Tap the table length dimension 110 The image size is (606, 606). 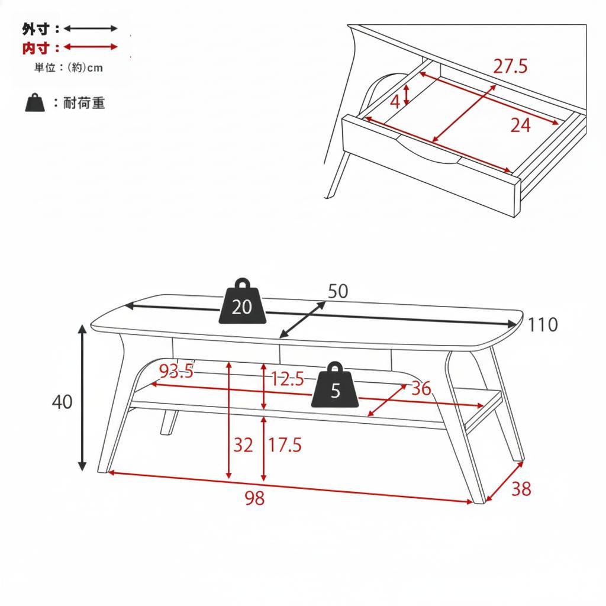tap(543, 325)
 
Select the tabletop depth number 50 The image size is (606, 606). tap(338, 291)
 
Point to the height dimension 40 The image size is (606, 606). tap(62, 402)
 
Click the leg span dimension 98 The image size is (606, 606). tap(254, 499)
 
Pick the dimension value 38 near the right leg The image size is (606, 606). tap(521, 489)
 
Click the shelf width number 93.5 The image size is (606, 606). tap(176, 372)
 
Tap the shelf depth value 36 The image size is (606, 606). tap(421, 389)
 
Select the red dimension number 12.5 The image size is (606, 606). tap(287, 379)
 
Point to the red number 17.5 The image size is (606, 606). tap(285, 445)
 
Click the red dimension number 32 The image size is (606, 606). tap(243, 445)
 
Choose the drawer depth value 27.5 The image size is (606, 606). tap(510, 66)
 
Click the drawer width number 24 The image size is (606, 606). tap(520, 125)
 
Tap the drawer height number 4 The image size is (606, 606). tap(395, 102)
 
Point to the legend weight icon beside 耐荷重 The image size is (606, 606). tap(35, 102)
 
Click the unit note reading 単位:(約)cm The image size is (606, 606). tap(68, 68)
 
